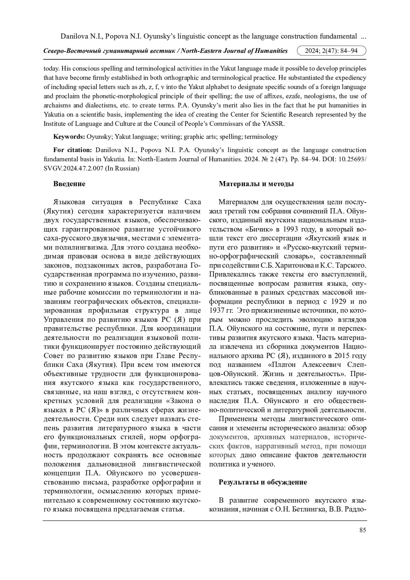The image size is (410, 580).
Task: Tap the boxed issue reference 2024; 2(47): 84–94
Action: pyautogui.click(x=331, y=51)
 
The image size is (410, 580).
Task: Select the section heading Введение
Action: pyautogui.click(x=69, y=184)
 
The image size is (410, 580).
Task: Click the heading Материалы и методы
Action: pyautogui.click(x=256, y=184)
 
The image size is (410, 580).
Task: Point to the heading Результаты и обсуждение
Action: pyautogui.click(x=263, y=482)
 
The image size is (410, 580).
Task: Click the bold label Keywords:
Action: pyautogui.click(x=69, y=137)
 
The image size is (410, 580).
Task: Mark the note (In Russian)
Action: pyautogui.click(x=122, y=168)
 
